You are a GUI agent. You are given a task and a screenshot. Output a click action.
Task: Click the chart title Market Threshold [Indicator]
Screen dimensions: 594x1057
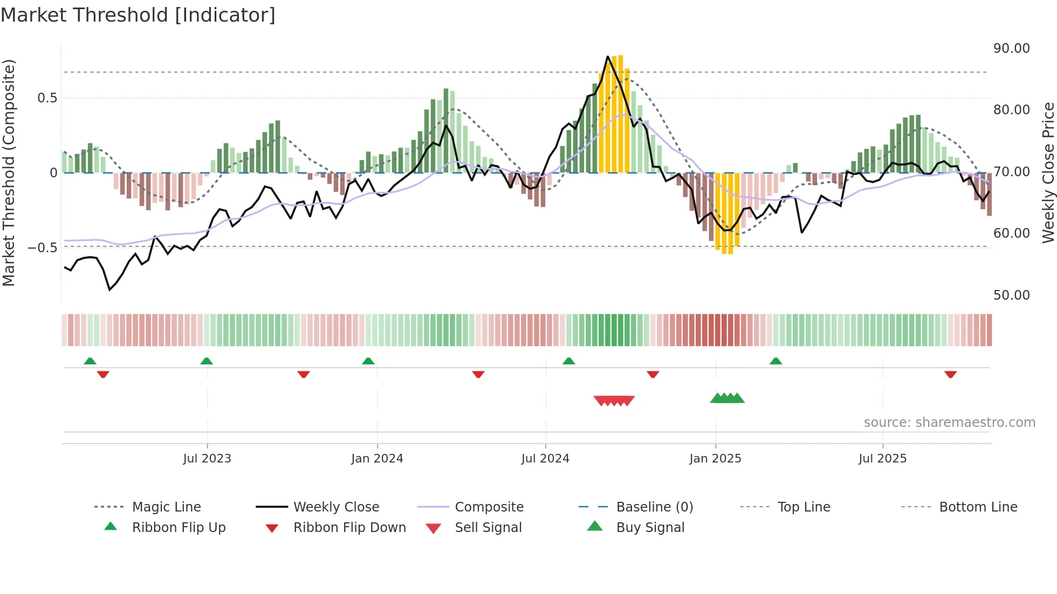point(138,15)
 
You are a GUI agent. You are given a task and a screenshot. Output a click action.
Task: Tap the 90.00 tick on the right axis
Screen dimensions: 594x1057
point(1011,49)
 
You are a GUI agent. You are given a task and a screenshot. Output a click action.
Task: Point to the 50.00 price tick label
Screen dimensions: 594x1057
point(1011,295)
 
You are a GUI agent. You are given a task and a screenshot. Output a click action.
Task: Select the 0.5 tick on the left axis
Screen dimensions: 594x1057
point(47,98)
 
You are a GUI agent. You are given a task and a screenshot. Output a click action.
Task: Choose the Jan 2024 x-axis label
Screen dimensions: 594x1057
point(377,459)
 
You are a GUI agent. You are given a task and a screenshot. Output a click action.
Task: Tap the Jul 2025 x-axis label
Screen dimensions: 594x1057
point(882,459)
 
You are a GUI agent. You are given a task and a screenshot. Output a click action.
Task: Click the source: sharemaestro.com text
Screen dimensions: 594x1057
point(949,423)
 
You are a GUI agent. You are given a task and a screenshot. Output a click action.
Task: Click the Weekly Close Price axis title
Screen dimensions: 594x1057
point(1048,172)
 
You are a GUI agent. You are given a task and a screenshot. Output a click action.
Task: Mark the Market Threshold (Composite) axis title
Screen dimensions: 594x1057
point(9,172)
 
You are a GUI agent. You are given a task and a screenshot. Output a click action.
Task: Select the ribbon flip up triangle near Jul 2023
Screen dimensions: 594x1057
point(207,361)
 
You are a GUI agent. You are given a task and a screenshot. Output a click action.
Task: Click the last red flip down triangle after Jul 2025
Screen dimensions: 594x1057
point(950,374)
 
